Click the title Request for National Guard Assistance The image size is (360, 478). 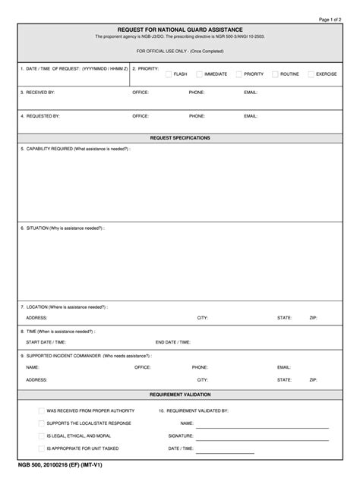[x=180, y=29]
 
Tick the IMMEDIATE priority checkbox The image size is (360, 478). [x=199, y=74]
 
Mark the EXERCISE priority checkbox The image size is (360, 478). [x=311, y=74]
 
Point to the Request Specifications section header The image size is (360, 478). [x=180, y=138]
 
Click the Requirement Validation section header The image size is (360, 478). [x=180, y=395]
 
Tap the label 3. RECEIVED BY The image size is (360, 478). [x=37, y=92]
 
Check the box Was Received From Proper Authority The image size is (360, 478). [x=41, y=410]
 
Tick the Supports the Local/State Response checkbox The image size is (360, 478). [x=41, y=423]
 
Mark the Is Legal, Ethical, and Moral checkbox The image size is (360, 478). [x=41, y=436]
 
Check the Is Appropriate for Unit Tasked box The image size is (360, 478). [x=41, y=449]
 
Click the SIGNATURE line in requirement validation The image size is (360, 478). [x=262, y=438]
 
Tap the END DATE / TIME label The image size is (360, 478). [x=175, y=342]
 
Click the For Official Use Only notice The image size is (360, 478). [x=180, y=51]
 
